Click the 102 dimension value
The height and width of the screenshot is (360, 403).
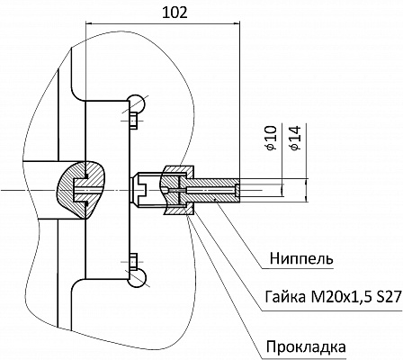pos(175,13)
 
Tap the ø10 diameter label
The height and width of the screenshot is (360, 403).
pos(271,138)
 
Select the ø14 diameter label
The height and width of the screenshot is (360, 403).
pos(295,138)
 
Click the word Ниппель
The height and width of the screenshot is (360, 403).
pos(301,258)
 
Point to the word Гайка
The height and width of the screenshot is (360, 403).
pos(282,297)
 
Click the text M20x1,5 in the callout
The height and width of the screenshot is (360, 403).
pos(336,297)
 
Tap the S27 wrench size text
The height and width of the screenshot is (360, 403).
pos(388,297)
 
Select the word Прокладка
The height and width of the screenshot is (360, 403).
pos(306,347)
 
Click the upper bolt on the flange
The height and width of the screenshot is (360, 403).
pos(134,121)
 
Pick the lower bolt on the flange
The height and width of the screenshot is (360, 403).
pos(134,261)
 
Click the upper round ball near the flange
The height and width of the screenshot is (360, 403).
pos(138,103)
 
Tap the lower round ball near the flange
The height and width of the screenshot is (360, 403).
pos(138,278)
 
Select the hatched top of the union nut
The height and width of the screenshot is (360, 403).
pos(177,171)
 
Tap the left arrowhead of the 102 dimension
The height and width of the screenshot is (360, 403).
pos(89,22)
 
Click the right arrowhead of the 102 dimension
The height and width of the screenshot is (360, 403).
pos(237,22)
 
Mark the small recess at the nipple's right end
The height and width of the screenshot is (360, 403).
pos(237,190)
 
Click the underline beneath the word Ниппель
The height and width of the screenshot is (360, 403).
pos(297,268)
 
